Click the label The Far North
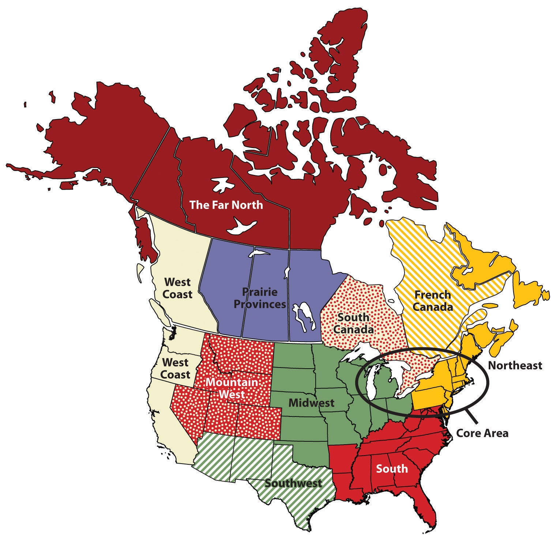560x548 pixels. [x=226, y=205]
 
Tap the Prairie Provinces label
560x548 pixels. [x=260, y=298]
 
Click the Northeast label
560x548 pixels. [x=515, y=365]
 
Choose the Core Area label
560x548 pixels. [x=482, y=433]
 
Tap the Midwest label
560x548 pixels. [x=311, y=403]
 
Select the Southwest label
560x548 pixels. [x=293, y=483]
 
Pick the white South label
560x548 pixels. [x=391, y=468]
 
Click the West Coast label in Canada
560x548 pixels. [x=177, y=288]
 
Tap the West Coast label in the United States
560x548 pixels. [x=175, y=368]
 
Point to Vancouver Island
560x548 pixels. [x=160, y=313]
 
